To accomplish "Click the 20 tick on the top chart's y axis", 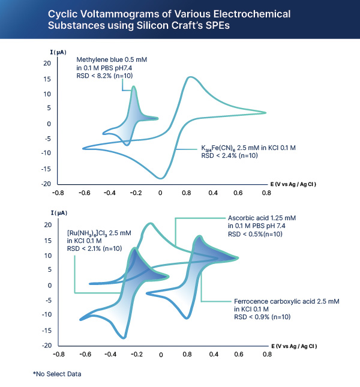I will click(46, 64).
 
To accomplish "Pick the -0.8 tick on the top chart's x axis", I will click(58, 193).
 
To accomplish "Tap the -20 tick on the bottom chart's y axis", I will click(46, 346).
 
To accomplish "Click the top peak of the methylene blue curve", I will click(133, 86).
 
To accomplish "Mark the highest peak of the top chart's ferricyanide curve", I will click(190, 77).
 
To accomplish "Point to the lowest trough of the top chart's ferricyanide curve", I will click(161, 178).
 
